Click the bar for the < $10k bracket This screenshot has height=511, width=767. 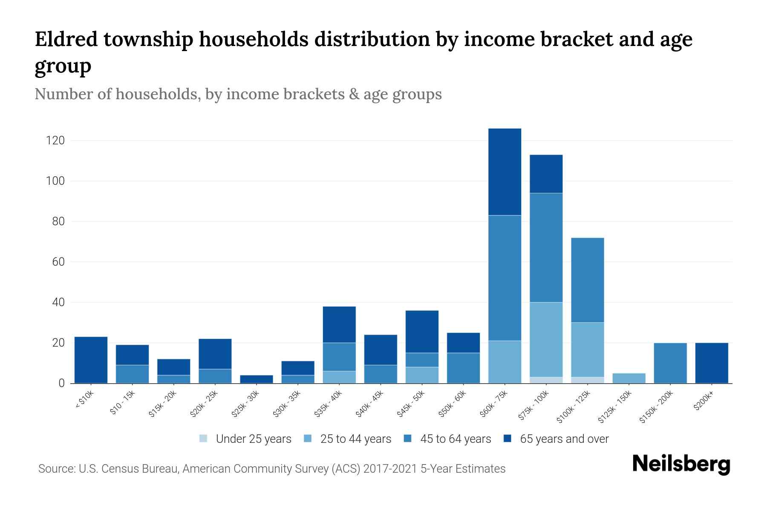coord(91,360)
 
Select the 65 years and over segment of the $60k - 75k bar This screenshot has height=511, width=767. coord(505,172)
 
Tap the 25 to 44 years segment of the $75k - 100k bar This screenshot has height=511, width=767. coord(546,339)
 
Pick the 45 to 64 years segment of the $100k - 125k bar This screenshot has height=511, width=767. coord(587,280)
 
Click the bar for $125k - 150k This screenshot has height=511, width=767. coord(629,378)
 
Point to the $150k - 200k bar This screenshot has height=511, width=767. coord(670,363)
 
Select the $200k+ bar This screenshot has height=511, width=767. coord(711,363)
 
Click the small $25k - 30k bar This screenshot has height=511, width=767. coord(256,379)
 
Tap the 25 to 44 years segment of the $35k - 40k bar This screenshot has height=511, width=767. coord(339,377)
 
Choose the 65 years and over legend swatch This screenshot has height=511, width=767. coord(507,439)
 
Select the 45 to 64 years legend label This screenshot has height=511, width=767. coord(456,439)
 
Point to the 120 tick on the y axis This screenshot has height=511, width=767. coord(55,141)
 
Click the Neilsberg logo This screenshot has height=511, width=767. coord(681,464)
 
